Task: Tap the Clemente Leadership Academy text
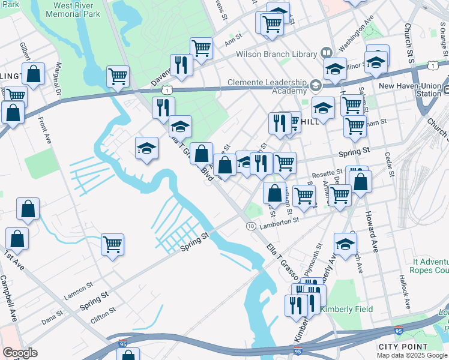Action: tap(267, 87)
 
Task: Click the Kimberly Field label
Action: tap(346, 310)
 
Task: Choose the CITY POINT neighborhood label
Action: tap(403, 347)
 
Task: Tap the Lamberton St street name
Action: tap(279, 223)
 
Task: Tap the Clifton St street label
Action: tap(103, 313)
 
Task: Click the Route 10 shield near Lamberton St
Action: tap(250, 225)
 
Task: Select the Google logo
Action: tap(20, 353)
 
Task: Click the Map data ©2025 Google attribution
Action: tap(412, 355)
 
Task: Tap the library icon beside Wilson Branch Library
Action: tap(327, 53)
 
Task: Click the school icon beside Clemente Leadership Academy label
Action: tap(315, 87)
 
